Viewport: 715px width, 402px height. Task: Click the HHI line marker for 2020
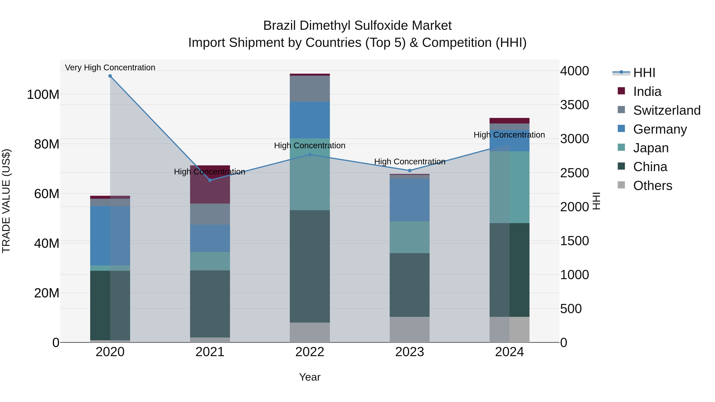tap(110, 76)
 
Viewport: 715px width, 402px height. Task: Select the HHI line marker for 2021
tap(210, 180)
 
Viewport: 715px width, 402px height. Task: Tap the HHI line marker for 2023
tap(410, 171)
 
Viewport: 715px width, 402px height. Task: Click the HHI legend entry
tap(644, 73)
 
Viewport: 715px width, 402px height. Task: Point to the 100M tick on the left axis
tap(43, 95)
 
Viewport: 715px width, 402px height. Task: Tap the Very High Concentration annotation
tap(110, 68)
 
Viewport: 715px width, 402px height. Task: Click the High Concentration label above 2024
tap(509, 135)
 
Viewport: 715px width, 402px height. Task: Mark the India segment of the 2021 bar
tap(210, 184)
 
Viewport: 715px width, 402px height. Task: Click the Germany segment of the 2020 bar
tap(110, 236)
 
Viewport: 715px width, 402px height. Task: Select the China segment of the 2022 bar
tap(310, 266)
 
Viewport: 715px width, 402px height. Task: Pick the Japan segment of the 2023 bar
tap(410, 237)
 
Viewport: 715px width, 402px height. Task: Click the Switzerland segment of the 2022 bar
tap(310, 89)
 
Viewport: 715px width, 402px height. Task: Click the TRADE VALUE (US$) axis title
tap(6, 201)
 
